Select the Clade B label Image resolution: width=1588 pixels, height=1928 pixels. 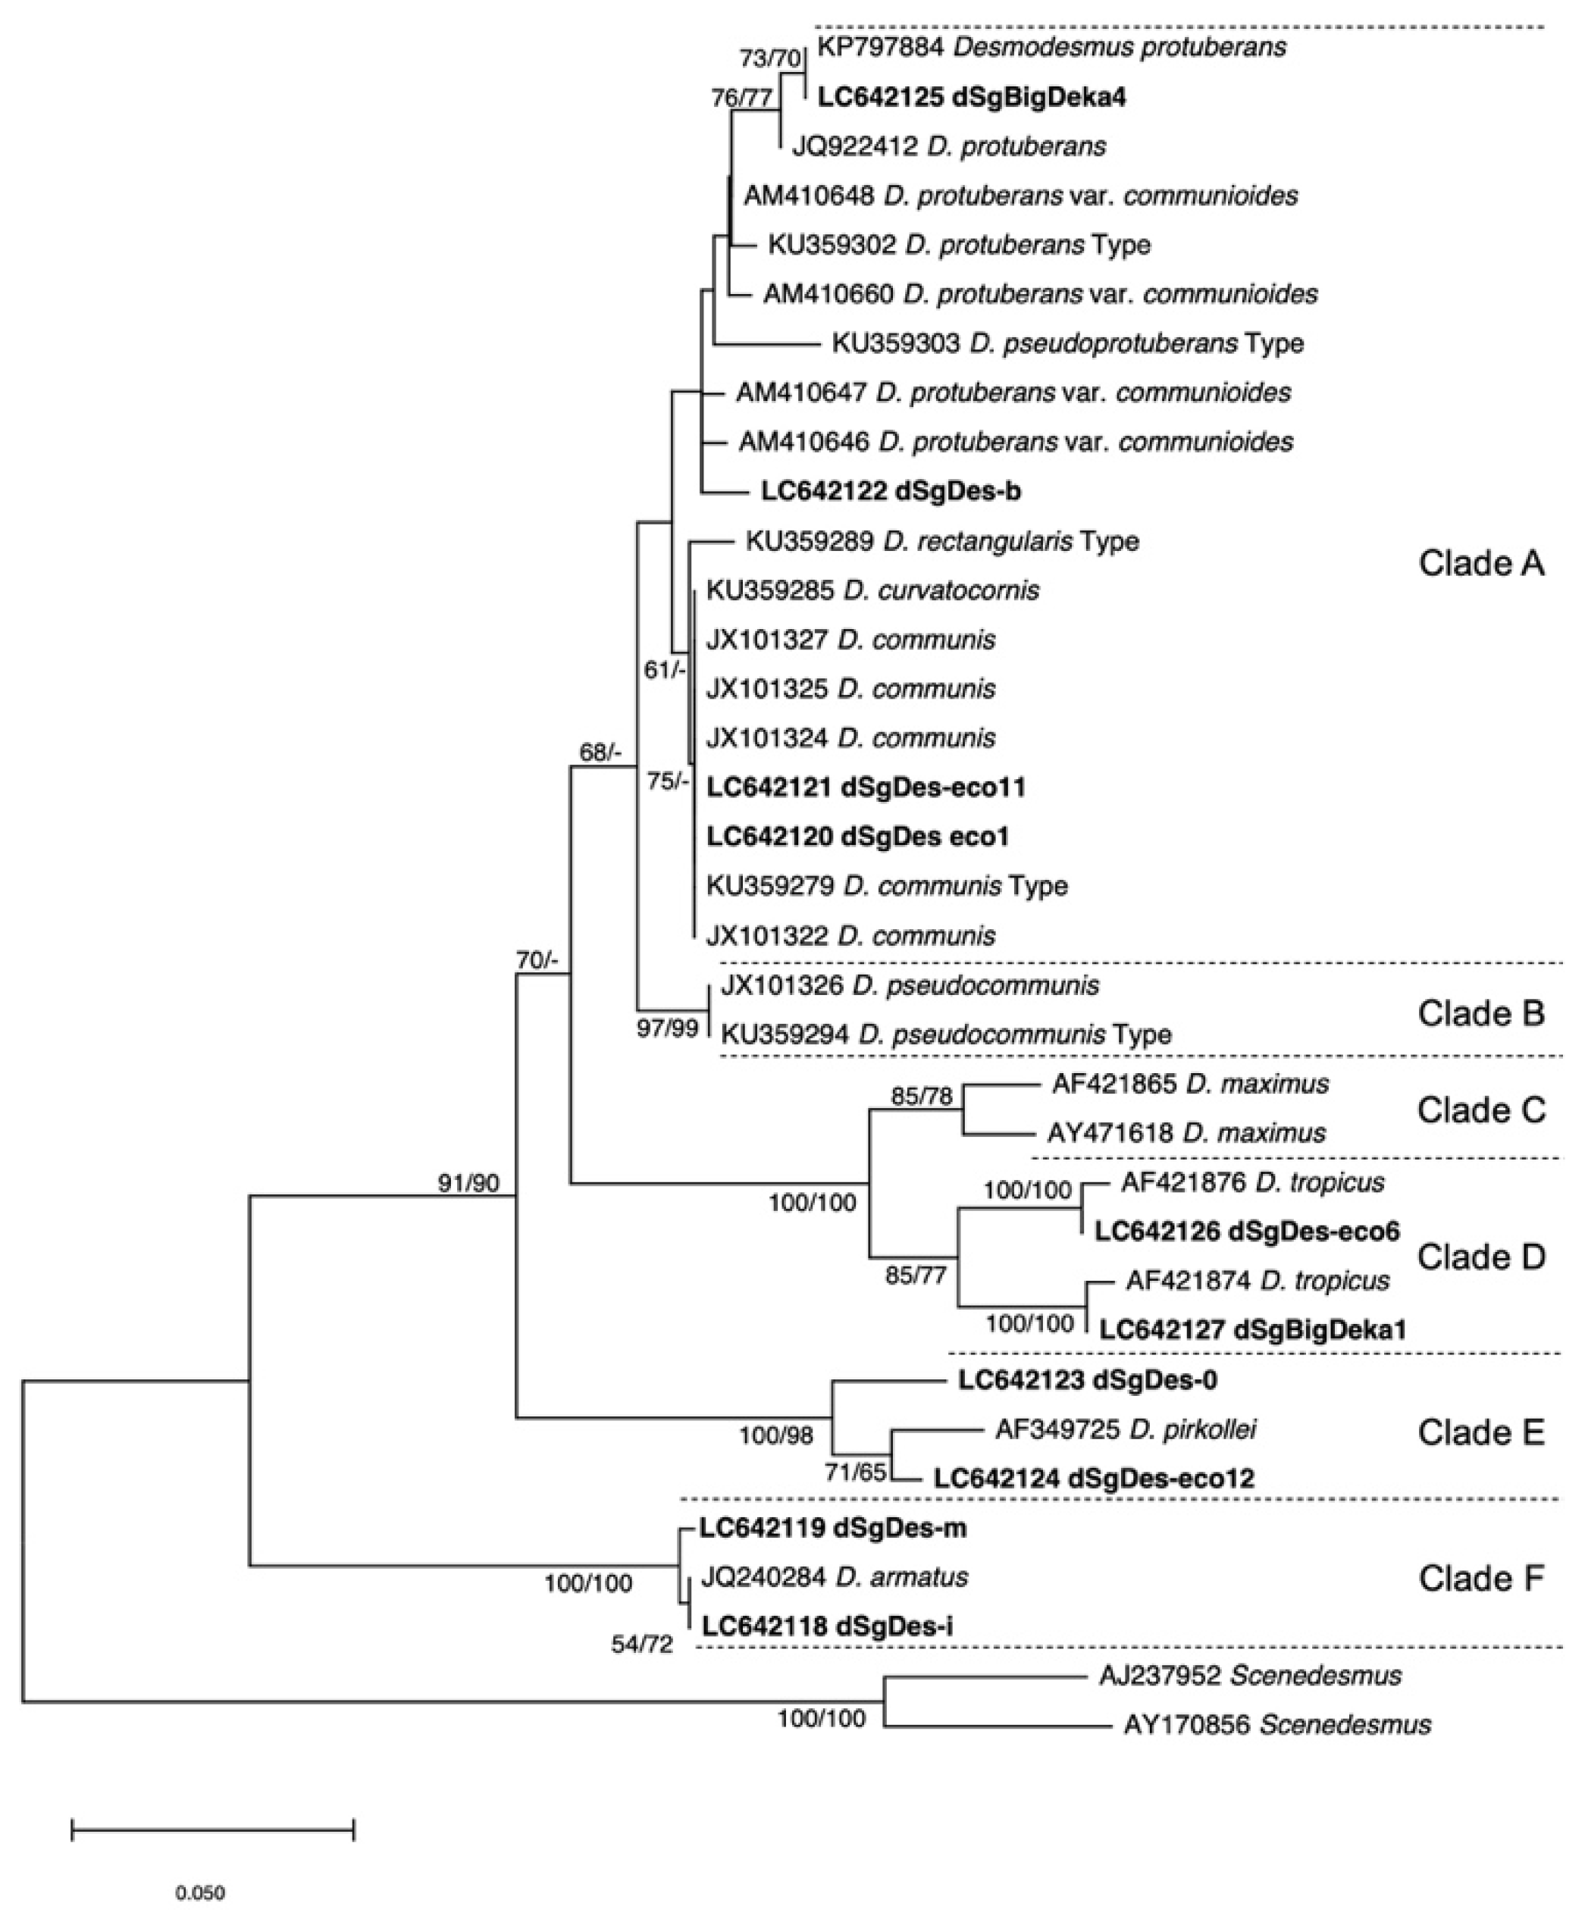click(1481, 1013)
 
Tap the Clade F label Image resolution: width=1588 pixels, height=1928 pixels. click(1481, 1578)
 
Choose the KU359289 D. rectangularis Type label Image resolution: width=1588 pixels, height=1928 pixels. click(942, 541)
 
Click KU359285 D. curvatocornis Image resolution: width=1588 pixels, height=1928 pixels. click(872, 591)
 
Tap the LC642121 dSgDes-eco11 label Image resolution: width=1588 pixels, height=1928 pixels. click(866, 787)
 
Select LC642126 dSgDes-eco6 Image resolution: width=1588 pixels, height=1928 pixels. click(1247, 1232)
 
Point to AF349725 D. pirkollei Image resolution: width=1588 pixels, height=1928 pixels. click(1125, 1429)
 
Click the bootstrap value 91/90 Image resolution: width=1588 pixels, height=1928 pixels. click(468, 1184)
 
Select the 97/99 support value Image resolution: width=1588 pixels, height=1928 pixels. click(668, 1030)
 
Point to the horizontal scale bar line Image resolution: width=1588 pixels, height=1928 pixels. click(212, 1828)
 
